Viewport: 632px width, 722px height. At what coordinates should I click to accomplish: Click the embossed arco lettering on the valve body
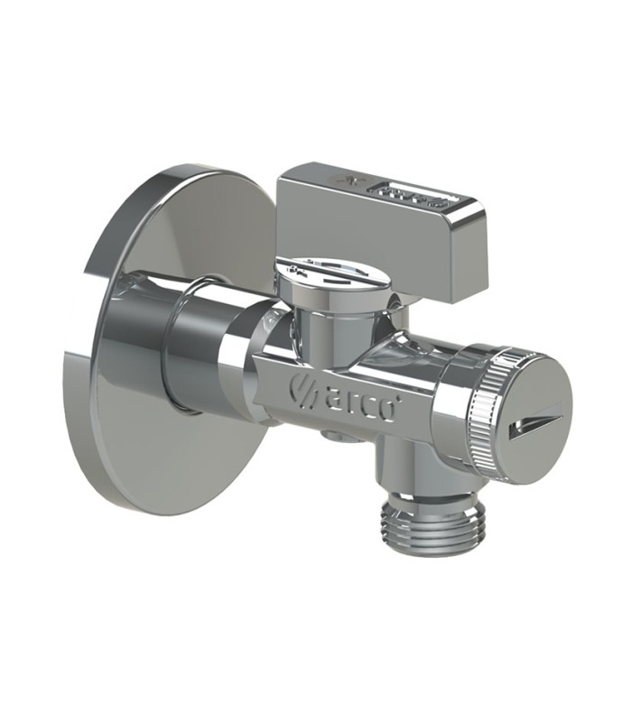pyautogui.click(x=356, y=401)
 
